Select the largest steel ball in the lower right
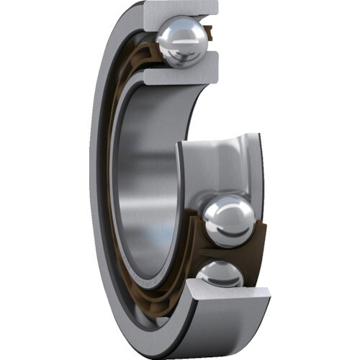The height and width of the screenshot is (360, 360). point(229,221)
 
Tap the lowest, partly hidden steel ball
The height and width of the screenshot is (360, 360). point(220,274)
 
